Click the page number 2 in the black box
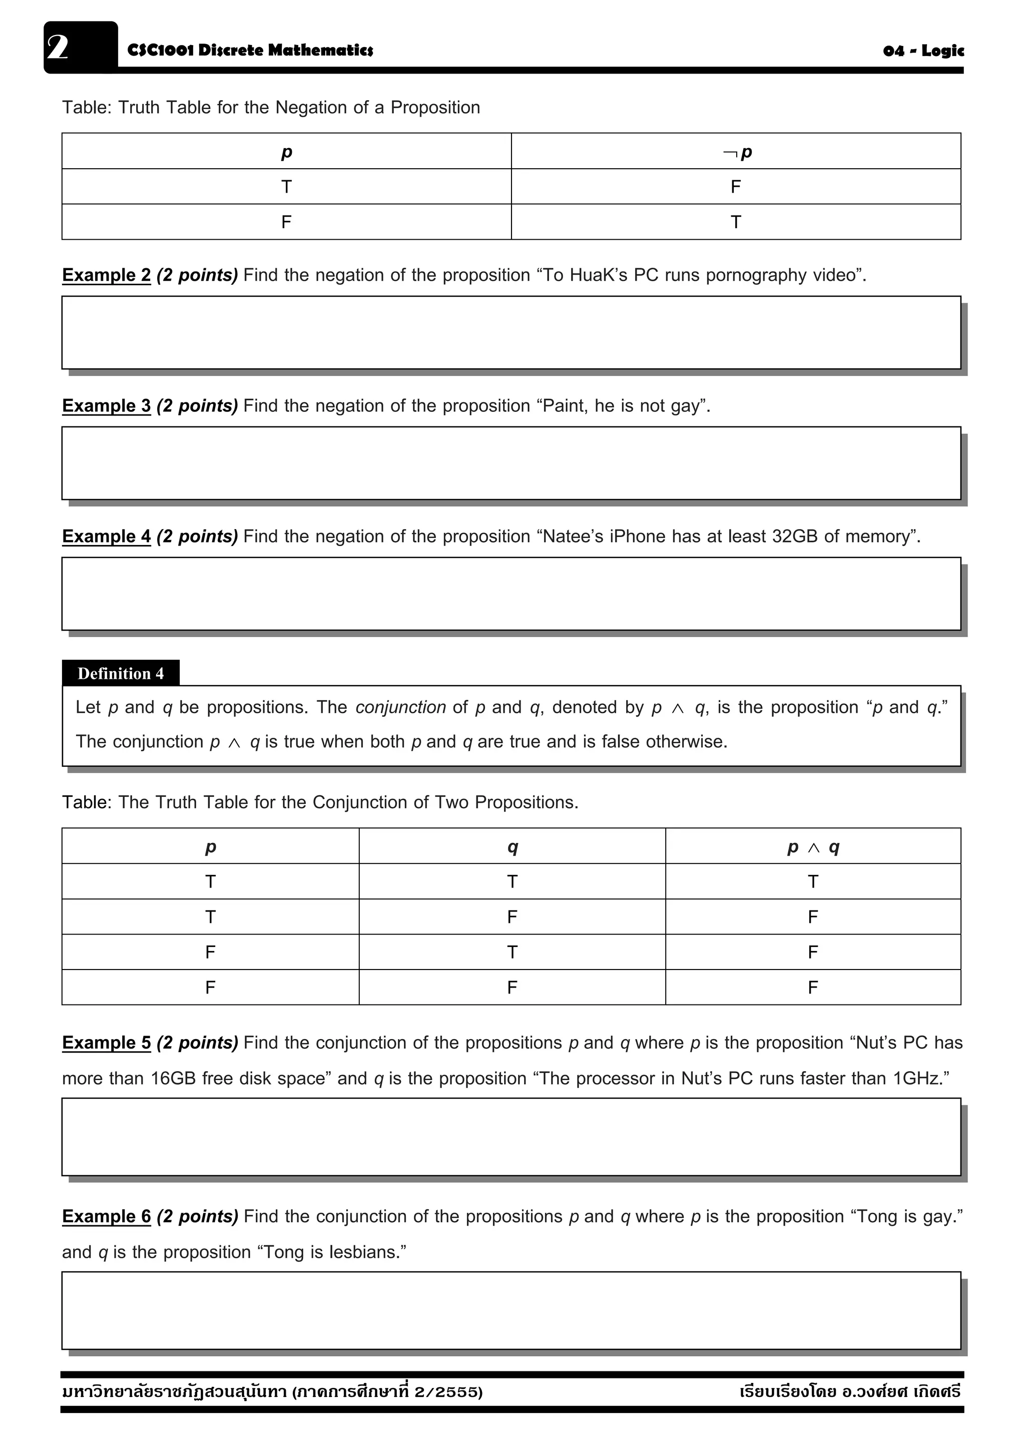tap(58, 48)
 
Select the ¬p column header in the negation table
tap(736, 152)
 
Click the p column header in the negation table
tap(286, 152)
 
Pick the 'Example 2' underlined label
tap(106, 275)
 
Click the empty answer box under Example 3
tap(510, 463)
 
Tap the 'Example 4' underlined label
tap(106, 536)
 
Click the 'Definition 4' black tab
tap(120, 673)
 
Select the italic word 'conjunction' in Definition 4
tap(400, 707)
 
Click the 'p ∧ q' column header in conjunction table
tap(813, 847)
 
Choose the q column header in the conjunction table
tap(512, 847)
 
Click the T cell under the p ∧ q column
tap(813, 881)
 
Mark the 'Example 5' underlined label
tap(106, 1043)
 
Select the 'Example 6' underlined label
tap(106, 1216)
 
